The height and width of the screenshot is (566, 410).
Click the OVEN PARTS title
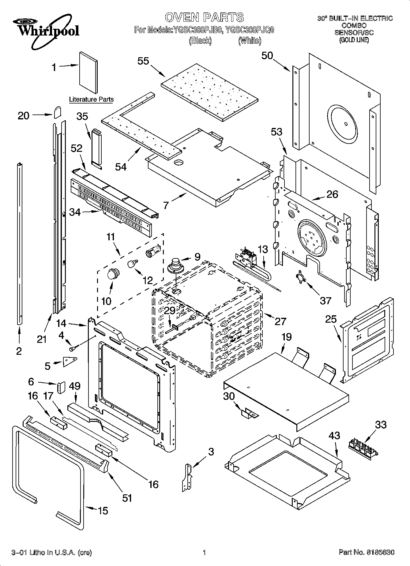204,17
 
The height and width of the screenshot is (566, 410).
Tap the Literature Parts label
91,99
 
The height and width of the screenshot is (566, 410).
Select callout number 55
143,61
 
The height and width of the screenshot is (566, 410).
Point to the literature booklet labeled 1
88,73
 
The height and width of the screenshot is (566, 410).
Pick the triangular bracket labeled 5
70,362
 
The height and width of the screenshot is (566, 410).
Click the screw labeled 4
74,347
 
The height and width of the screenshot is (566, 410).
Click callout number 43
334,435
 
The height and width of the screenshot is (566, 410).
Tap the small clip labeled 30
249,414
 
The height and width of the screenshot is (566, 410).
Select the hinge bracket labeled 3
187,477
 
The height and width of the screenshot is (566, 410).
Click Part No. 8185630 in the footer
366,553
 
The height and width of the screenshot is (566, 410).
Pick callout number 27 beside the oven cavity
280,321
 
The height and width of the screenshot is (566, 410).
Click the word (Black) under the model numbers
200,40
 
